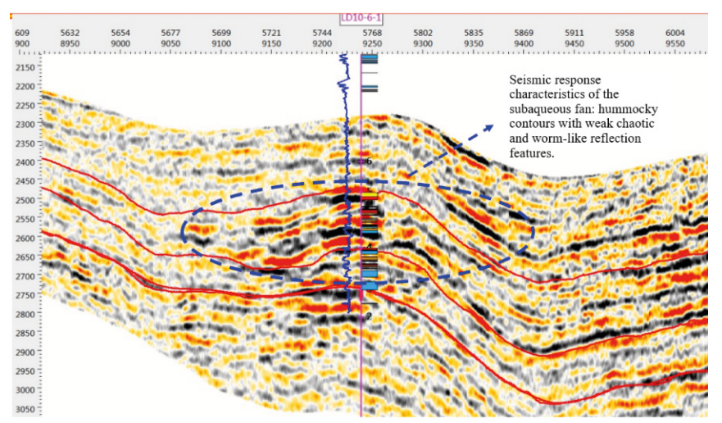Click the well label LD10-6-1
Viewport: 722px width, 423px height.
(x=362, y=16)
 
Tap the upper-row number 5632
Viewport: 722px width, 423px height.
(x=70, y=33)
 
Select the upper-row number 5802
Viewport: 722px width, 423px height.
(x=423, y=33)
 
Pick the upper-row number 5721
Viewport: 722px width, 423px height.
(x=272, y=33)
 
